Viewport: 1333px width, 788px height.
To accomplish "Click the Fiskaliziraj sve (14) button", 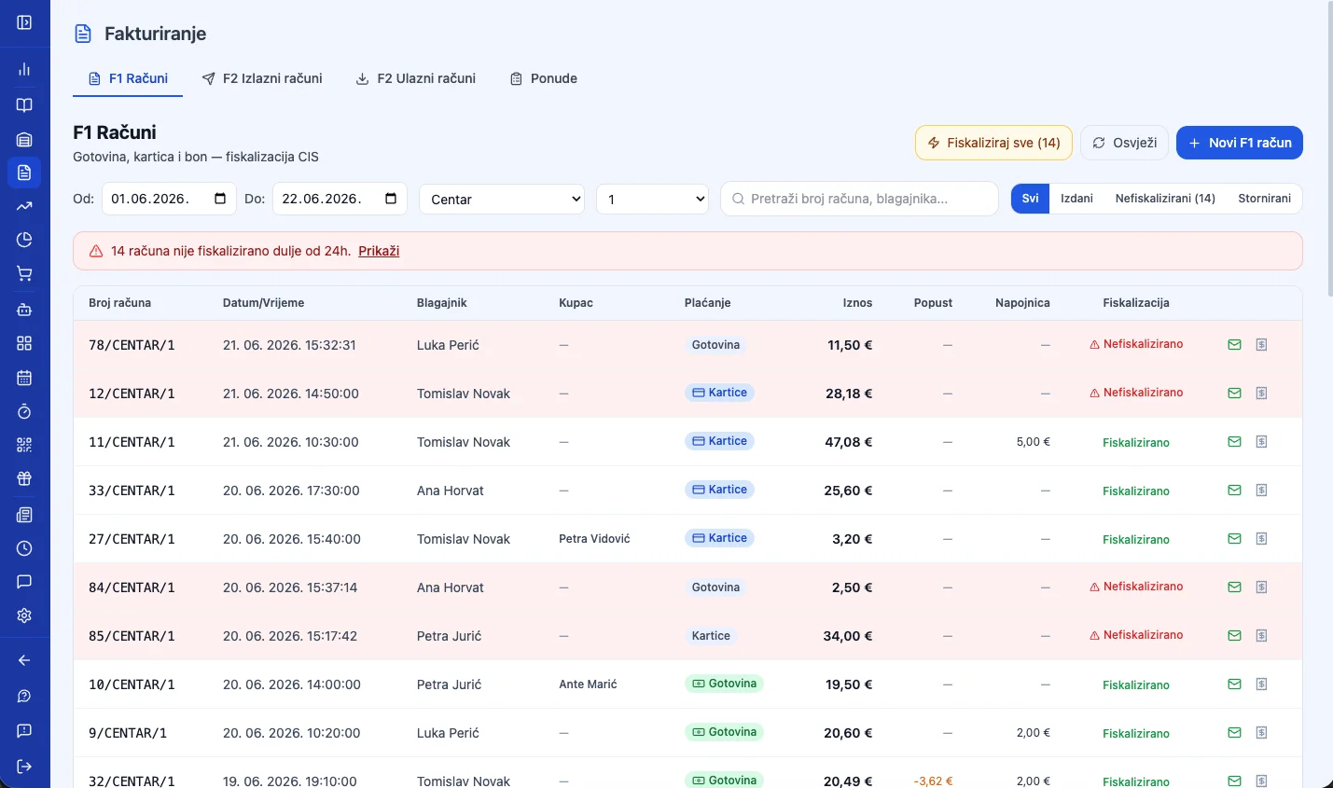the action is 993,143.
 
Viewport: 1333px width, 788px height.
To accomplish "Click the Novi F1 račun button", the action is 1239,143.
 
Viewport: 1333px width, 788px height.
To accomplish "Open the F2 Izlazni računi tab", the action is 262,78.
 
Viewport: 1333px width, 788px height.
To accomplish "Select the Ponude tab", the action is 543,78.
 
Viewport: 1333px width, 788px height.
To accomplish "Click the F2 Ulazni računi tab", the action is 416,78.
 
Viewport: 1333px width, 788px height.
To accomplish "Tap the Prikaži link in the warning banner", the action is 379,251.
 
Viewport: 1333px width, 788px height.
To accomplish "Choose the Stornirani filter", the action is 1264,199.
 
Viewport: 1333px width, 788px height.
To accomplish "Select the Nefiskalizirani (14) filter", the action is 1164,199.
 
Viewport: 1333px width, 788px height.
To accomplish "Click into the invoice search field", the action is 859,199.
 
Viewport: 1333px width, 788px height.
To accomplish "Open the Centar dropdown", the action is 502,200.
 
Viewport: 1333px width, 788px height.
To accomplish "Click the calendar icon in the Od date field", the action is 219,198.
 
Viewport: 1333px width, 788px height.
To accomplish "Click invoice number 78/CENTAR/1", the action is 132,345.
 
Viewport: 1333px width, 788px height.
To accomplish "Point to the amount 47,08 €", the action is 848,442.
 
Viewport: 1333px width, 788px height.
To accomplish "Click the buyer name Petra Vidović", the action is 594,539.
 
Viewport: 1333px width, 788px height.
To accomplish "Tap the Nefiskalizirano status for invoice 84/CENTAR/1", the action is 1136,587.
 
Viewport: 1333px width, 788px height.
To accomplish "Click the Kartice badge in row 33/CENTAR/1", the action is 719,490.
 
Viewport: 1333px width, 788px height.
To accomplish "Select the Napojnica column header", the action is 1022,303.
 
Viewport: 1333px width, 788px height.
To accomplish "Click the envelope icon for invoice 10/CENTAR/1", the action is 1234,684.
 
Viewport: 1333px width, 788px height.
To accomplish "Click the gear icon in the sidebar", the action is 24,615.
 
